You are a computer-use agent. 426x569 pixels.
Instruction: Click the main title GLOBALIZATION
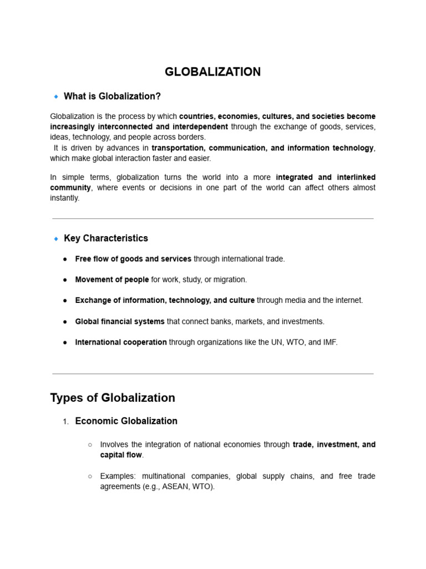pos(212,72)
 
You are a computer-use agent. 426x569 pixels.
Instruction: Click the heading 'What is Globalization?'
pos(112,96)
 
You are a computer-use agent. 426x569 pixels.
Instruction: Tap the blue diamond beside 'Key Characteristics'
pos(56,238)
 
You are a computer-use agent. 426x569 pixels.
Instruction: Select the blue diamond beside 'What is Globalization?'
pos(56,97)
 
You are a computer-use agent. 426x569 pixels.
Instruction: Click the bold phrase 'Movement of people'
pos(112,279)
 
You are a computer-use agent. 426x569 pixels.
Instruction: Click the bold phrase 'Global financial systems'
pos(120,321)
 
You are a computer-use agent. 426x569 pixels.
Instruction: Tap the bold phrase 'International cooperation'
pos(121,342)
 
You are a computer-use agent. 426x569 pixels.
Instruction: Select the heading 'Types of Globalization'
pos(113,397)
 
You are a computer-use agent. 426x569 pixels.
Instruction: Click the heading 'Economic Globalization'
pos(126,421)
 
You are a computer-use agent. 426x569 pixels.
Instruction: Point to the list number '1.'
pos(65,422)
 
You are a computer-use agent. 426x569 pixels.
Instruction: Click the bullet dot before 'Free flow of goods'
pos(65,259)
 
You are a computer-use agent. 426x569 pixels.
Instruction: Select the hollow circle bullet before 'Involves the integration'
pos(90,445)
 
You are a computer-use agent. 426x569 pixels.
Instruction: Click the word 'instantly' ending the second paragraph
pos(64,198)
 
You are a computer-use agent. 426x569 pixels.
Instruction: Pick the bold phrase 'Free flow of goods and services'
pos(133,259)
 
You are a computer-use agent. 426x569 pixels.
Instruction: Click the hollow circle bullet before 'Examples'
pos(90,476)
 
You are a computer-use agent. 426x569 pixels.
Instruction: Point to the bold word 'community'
pos(70,187)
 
